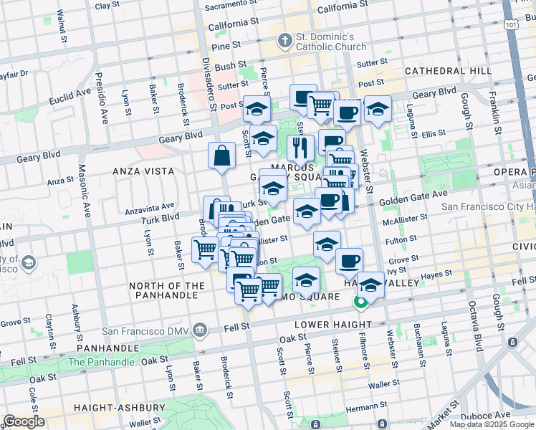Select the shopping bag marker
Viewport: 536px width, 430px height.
tap(222, 156)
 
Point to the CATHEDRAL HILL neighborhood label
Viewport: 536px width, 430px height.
tap(448, 71)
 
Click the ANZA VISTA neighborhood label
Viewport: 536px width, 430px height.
tap(143, 171)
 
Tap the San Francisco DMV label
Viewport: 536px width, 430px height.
tap(146, 331)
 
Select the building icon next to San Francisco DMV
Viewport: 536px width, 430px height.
tap(200, 331)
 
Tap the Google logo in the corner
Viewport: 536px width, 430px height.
tap(24, 421)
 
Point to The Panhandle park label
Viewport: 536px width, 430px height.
tap(100, 362)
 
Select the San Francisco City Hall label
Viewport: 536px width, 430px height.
tap(487, 206)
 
